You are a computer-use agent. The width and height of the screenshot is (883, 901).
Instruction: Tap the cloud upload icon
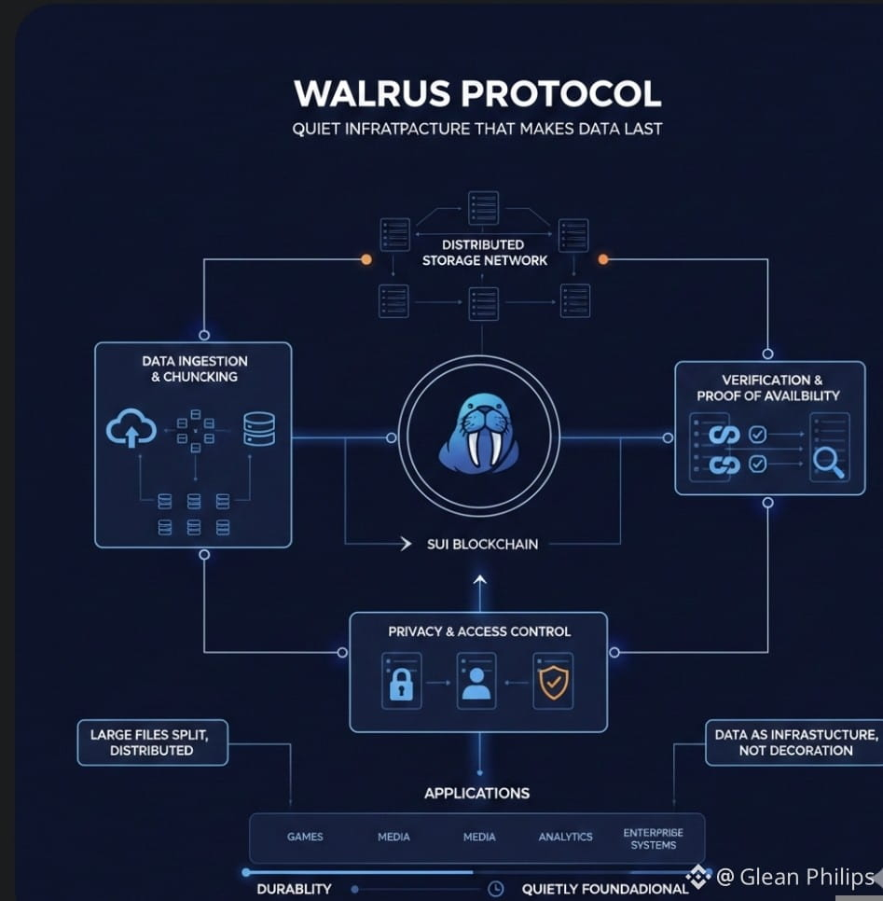(x=131, y=428)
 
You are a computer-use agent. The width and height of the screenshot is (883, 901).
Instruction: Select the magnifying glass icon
(x=828, y=463)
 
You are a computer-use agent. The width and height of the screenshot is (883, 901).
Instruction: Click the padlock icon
(x=401, y=684)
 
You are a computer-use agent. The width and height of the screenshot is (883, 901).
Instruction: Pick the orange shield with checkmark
(x=553, y=683)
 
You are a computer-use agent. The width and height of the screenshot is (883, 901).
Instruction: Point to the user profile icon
(x=476, y=684)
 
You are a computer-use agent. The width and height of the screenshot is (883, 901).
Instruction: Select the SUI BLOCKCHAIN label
(x=483, y=544)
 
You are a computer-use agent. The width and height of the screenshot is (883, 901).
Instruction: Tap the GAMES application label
(x=305, y=837)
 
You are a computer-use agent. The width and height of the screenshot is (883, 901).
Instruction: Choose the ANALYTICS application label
(x=565, y=837)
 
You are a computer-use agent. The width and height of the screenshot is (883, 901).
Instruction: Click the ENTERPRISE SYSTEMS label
(x=654, y=839)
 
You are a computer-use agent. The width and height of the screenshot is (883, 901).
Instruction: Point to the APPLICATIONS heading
(x=476, y=793)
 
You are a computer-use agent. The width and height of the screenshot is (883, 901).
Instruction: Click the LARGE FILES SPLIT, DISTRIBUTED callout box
(x=152, y=742)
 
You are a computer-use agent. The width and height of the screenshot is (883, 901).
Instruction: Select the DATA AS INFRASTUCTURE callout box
(x=794, y=742)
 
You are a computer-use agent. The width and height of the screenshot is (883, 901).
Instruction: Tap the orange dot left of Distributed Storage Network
(x=366, y=259)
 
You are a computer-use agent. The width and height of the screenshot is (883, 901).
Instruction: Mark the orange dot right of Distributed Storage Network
(x=603, y=259)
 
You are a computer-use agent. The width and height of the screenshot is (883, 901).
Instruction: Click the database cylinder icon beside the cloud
(x=259, y=429)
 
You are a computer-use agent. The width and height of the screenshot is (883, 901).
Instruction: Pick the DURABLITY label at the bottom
(x=294, y=889)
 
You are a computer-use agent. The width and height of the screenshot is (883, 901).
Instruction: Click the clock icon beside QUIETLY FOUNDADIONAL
(x=495, y=888)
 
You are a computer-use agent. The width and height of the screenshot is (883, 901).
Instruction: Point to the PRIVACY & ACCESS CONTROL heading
(x=479, y=631)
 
